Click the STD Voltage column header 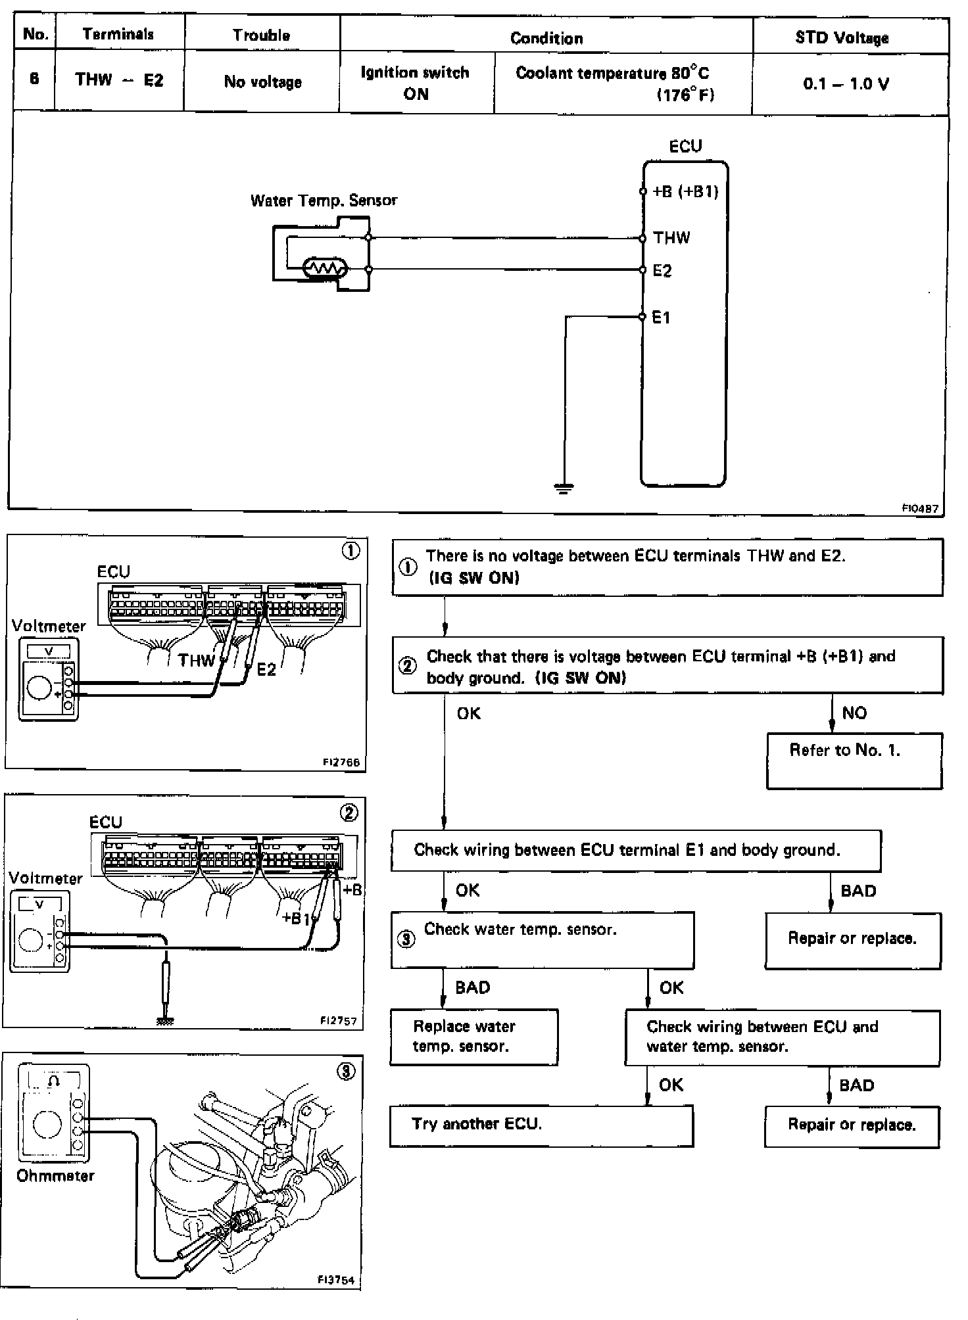pyautogui.click(x=842, y=37)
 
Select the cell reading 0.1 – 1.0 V pyautogui.click(x=846, y=84)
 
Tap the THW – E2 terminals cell pyautogui.click(x=119, y=80)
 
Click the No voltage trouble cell pyautogui.click(x=262, y=82)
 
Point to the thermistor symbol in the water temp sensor pyautogui.click(x=324, y=268)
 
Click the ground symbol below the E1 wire pyautogui.click(x=564, y=488)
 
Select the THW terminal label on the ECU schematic pyautogui.click(x=671, y=238)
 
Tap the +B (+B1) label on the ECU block pyautogui.click(x=685, y=191)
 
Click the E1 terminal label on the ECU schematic pyautogui.click(x=661, y=318)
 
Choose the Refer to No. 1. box pyautogui.click(x=854, y=761)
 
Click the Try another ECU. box pyautogui.click(x=541, y=1125)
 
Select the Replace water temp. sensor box pyautogui.click(x=473, y=1037)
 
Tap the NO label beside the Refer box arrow pyautogui.click(x=854, y=713)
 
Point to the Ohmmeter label pyautogui.click(x=55, y=1175)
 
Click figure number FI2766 pyautogui.click(x=341, y=763)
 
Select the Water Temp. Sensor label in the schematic pyautogui.click(x=324, y=200)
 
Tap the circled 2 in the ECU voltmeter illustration pyautogui.click(x=349, y=813)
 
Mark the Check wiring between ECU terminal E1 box pyautogui.click(x=635, y=851)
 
